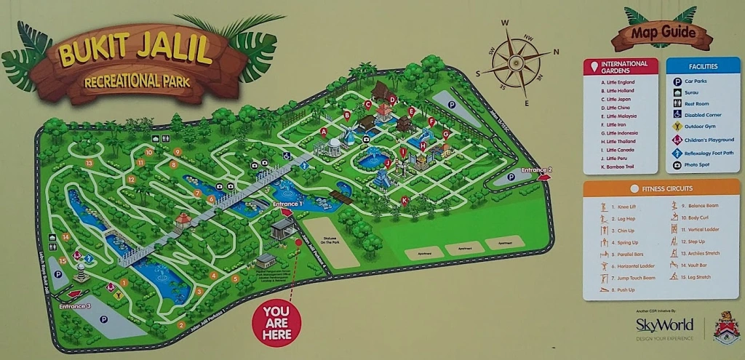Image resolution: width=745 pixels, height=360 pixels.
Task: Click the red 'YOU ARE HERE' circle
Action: point(276,322)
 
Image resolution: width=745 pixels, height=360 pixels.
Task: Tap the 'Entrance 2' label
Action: point(536,170)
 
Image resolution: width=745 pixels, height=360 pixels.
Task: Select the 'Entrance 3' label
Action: point(75,306)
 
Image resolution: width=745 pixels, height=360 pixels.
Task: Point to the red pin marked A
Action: point(323,132)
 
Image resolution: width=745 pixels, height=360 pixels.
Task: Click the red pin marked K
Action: point(405,200)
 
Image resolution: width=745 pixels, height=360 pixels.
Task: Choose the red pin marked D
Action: point(392,100)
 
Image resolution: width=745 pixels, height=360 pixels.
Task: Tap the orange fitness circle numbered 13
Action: point(89,164)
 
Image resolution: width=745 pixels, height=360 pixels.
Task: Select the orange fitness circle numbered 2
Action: point(181,324)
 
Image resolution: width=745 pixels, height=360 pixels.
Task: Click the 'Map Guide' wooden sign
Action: point(661,32)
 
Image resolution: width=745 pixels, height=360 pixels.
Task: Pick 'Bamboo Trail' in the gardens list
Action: point(619,168)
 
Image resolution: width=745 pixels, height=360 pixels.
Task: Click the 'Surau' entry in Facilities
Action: point(691,92)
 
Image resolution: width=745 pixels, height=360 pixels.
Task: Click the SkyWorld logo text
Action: point(664,324)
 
